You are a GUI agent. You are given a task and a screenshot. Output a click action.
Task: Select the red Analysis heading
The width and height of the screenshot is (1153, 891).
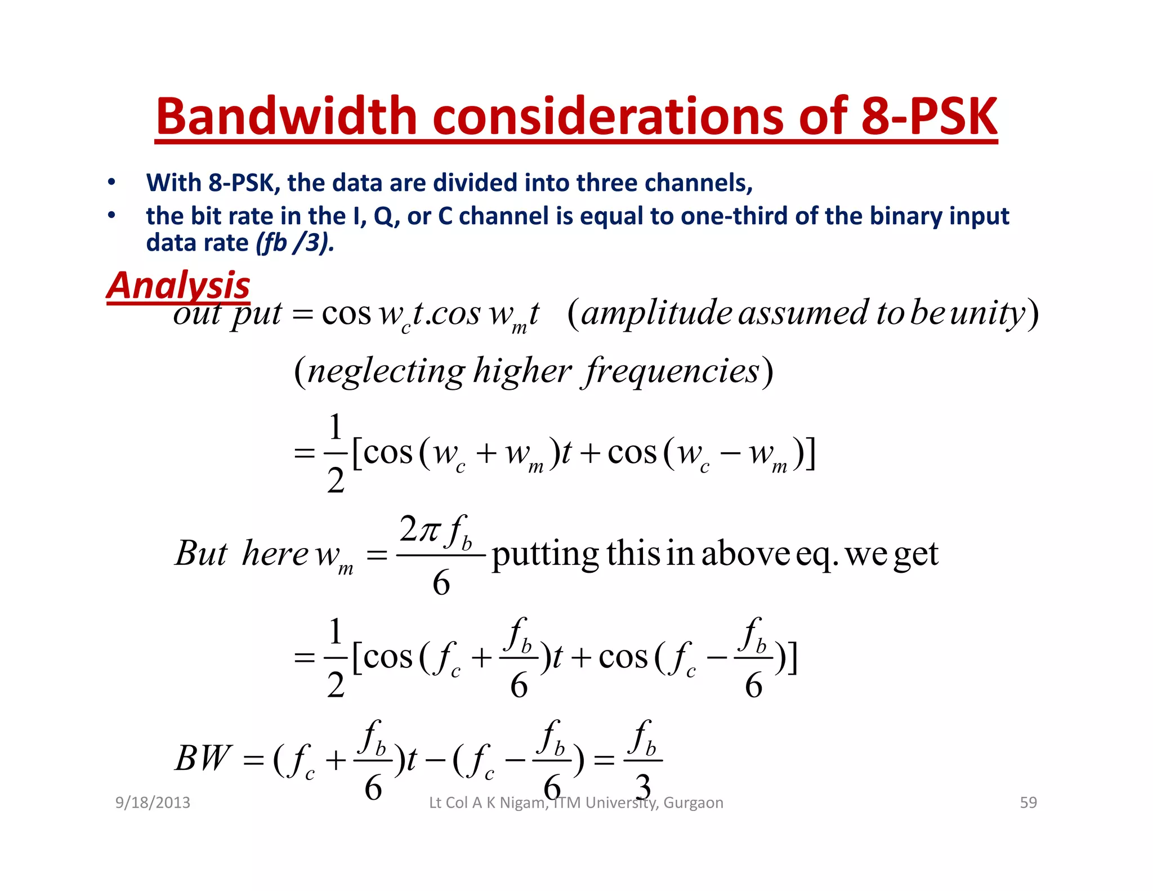[x=178, y=285]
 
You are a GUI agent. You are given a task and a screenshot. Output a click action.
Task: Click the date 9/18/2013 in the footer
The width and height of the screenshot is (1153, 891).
[x=153, y=803]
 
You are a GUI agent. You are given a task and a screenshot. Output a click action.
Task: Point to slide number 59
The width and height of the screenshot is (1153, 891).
[x=1028, y=803]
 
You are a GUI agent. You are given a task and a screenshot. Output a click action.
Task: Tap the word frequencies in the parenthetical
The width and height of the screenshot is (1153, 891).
[x=672, y=372]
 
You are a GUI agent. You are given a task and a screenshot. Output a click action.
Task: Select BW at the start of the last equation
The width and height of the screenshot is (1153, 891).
[x=203, y=759]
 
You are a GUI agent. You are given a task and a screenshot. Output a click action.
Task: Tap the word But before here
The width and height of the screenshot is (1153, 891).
[x=201, y=554]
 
